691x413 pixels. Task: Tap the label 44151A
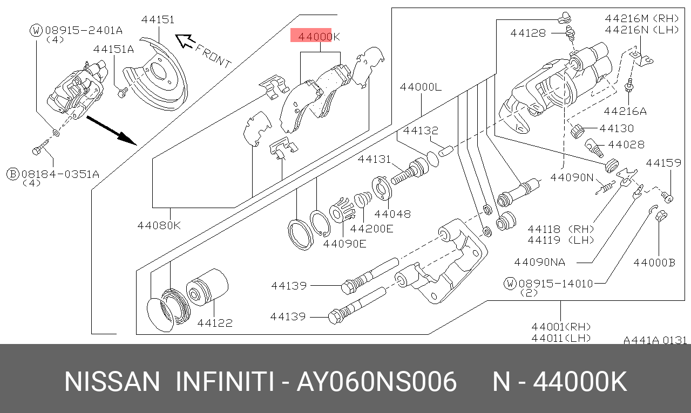tap(113, 49)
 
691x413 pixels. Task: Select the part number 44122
tap(215, 323)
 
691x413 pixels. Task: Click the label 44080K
tap(159, 225)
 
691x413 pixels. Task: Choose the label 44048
tap(392, 214)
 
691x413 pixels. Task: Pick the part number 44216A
tap(625, 112)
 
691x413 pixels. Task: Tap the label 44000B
tap(654, 263)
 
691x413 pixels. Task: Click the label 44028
tap(626, 144)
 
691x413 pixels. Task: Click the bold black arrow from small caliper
tap(112, 130)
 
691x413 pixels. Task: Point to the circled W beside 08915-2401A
tap(36, 30)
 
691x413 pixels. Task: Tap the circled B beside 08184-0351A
tap(12, 174)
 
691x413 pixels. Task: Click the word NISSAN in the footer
tap(112, 382)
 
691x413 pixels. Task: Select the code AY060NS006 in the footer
tap(377, 382)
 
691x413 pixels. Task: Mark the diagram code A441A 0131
tap(655, 340)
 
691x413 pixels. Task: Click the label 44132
tap(420, 130)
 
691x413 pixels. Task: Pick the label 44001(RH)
tap(561, 327)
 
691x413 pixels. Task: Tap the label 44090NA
tap(539, 262)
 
